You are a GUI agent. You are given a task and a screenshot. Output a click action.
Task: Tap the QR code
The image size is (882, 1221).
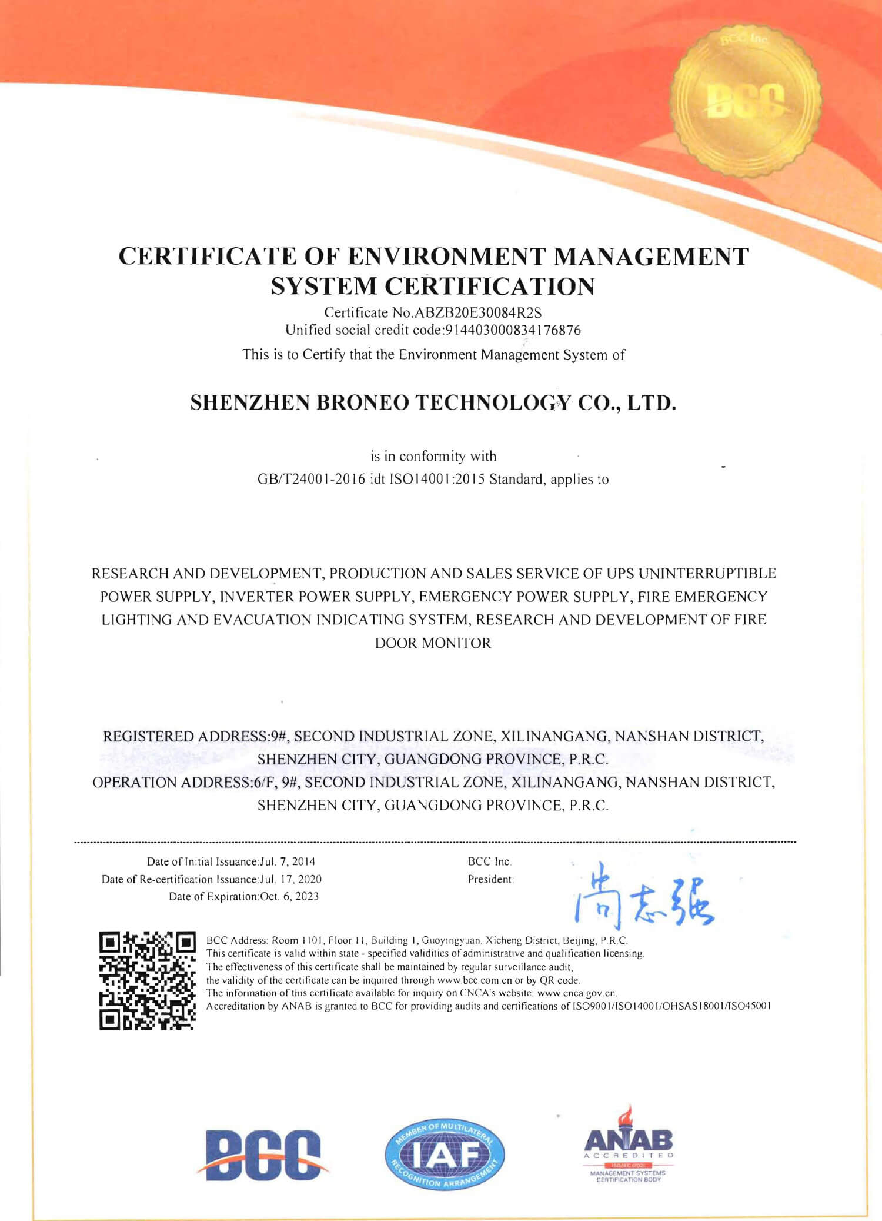click(147, 980)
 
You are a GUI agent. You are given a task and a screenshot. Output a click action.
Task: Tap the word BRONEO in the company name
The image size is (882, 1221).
click(363, 402)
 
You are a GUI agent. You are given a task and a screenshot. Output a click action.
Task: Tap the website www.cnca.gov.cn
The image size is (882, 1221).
click(577, 993)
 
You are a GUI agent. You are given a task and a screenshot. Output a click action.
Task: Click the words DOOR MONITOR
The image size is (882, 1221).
click(433, 643)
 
